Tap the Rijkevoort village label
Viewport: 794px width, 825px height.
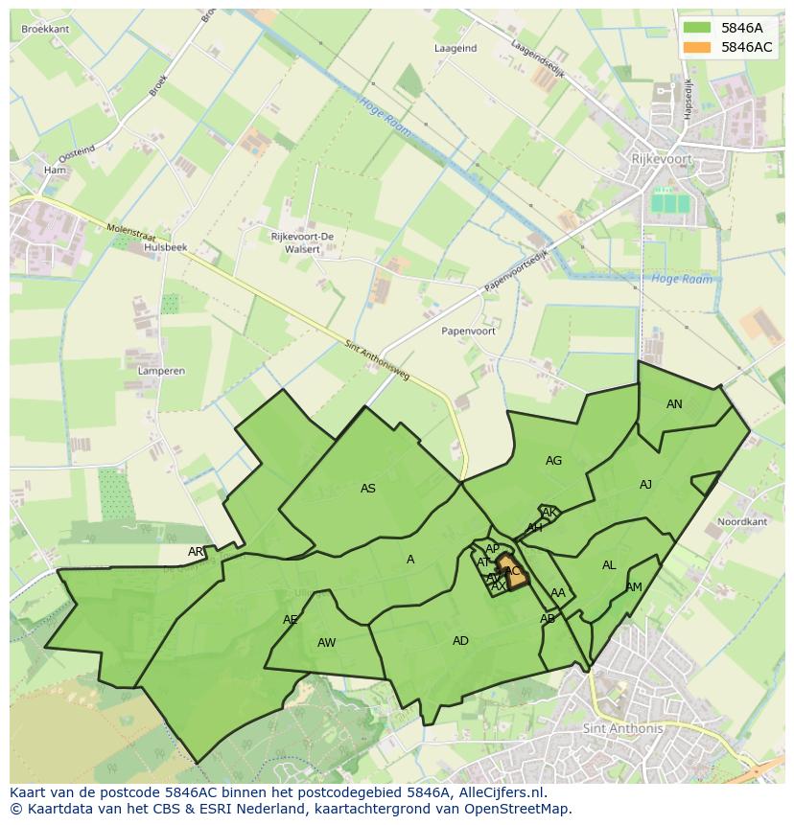pyautogui.click(x=661, y=159)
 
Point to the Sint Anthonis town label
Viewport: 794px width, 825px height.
pyautogui.click(x=622, y=728)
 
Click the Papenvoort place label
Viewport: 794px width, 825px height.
pyautogui.click(x=468, y=331)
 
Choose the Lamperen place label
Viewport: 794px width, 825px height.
pyautogui.click(x=161, y=370)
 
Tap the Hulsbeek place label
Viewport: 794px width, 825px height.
pyautogui.click(x=165, y=247)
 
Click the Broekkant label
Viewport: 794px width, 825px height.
pyautogui.click(x=45, y=30)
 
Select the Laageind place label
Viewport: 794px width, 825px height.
pyautogui.click(x=455, y=48)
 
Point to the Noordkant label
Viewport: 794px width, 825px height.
pyautogui.click(x=742, y=522)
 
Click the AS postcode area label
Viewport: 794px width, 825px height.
pyautogui.click(x=368, y=489)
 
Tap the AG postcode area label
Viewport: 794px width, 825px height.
pyautogui.click(x=553, y=461)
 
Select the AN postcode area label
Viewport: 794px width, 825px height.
pyautogui.click(x=674, y=404)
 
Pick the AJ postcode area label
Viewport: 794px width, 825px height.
pyautogui.click(x=645, y=485)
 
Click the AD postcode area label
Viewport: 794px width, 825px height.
pyautogui.click(x=460, y=640)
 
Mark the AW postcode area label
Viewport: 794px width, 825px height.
pyautogui.click(x=326, y=642)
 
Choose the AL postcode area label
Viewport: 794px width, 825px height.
pyautogui.click(x=609, y=565)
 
